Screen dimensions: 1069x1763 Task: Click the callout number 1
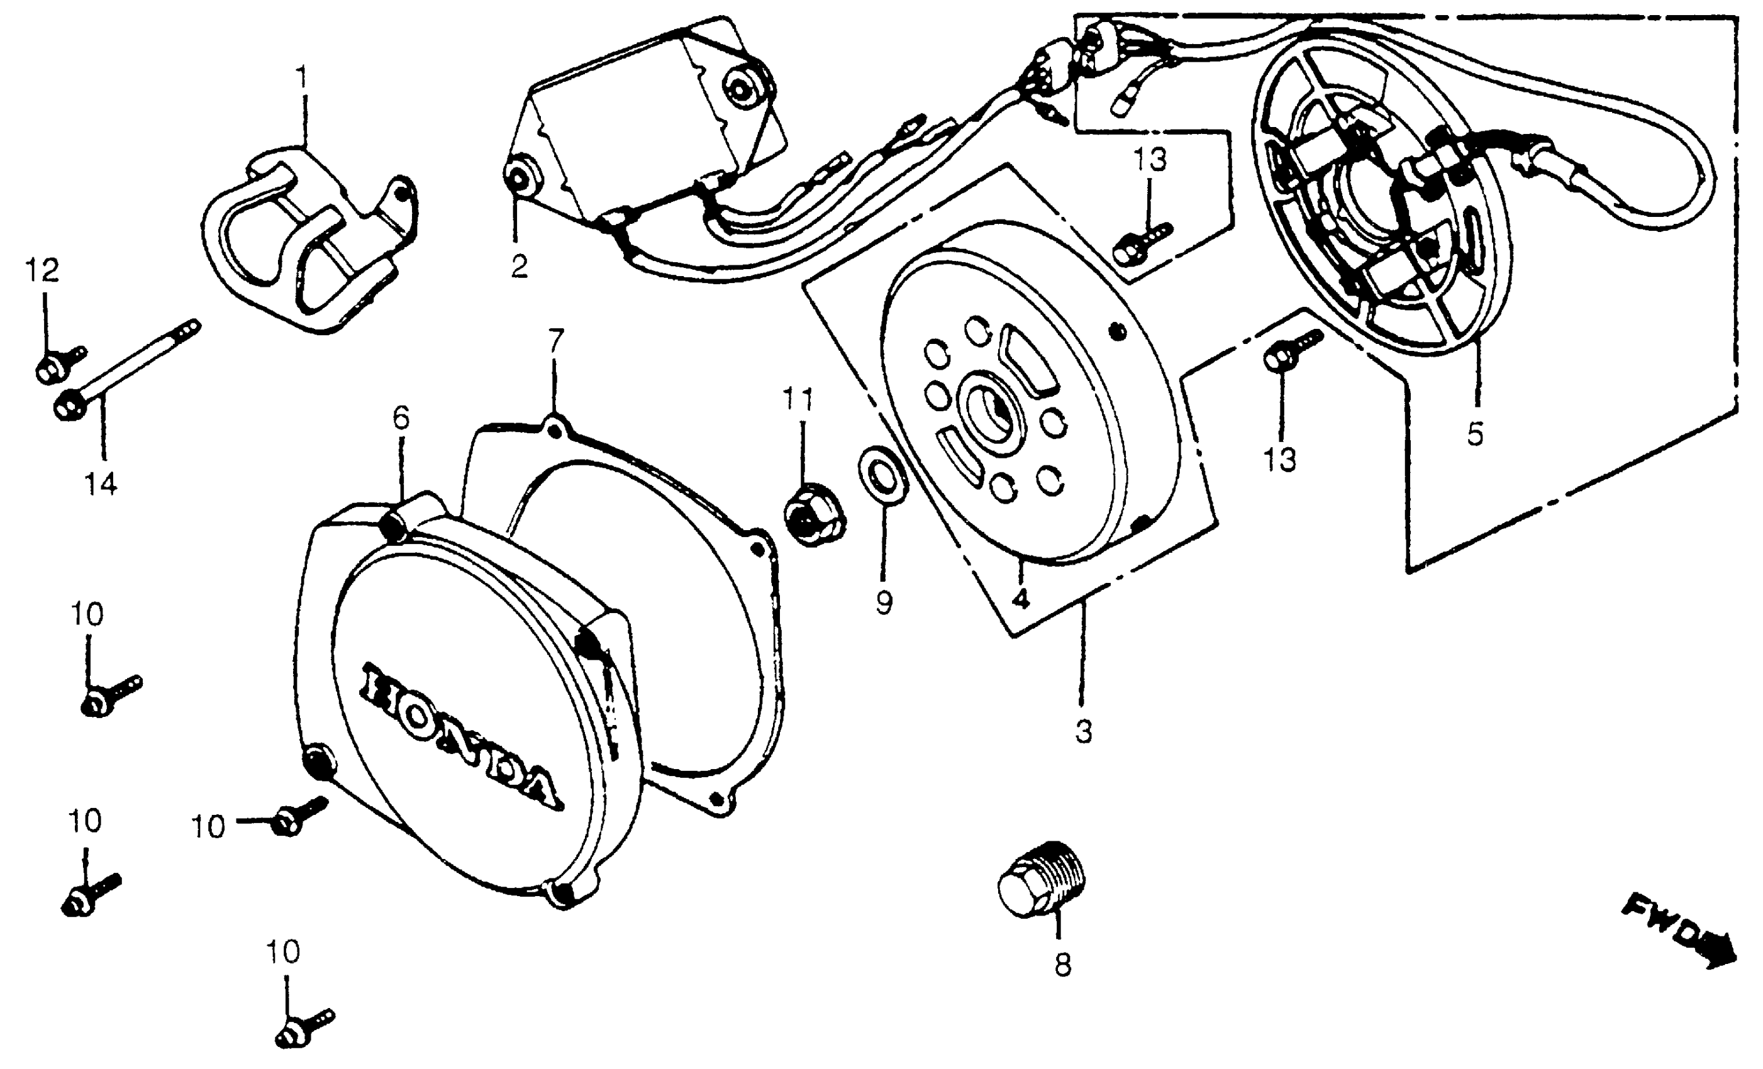(x=302, y=78)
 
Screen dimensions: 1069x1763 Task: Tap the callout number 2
(x=520, y=266)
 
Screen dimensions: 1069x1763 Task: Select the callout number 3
(x=1083, y=731)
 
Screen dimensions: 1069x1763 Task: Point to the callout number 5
(x=1476, y=434)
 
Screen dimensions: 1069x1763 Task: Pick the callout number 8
(x=1062, y=965)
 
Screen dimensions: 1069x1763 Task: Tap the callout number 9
(x=884, y=602)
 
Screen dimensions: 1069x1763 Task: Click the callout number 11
(x=798, y=399)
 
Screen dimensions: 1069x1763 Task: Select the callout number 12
(x=42, y=270)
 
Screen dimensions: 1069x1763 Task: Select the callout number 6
(x=401, y=418)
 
